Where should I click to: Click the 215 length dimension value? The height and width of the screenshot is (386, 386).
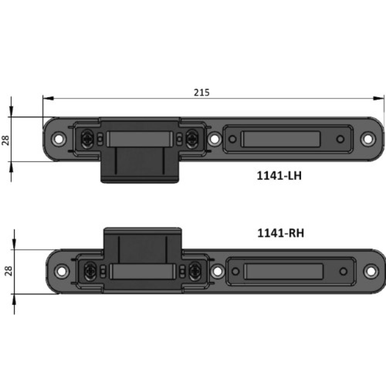click(201, 93)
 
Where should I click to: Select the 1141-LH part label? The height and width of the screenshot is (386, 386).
click(279, 176)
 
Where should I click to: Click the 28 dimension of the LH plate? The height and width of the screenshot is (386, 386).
click(5, 139)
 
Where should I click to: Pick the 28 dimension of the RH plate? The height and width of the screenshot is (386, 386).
click(8, 271)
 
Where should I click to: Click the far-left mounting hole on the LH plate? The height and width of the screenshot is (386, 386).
click(59, 138)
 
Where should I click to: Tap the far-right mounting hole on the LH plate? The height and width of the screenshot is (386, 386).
click(368, 138)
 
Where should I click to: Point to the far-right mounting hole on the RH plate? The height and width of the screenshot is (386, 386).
click(371, 271)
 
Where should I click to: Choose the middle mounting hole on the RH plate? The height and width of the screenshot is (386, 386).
click(218, 271)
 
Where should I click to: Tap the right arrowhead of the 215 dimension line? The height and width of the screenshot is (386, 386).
click(379, 98)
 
